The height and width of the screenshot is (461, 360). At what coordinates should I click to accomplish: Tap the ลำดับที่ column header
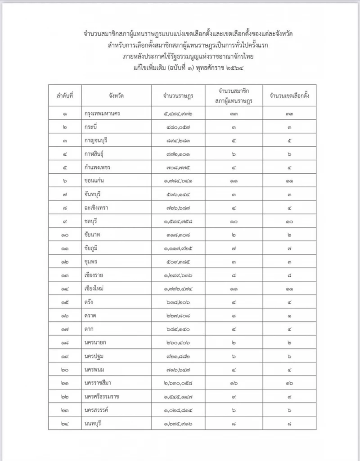click(x=65, y=96)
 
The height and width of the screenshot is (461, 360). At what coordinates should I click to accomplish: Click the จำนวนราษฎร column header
click(x=179, y=96)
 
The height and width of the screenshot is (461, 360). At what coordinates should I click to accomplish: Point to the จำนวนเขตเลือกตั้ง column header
click(x=289, y=96)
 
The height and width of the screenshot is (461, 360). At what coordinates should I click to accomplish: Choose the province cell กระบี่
click(x=91, y=127)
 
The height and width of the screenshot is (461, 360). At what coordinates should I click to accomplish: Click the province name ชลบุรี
click(x=92, y=222)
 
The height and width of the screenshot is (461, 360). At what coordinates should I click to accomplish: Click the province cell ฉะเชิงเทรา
click(x=96, y=208)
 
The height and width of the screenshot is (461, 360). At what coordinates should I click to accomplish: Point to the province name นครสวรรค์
click(x=97, y=410)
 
